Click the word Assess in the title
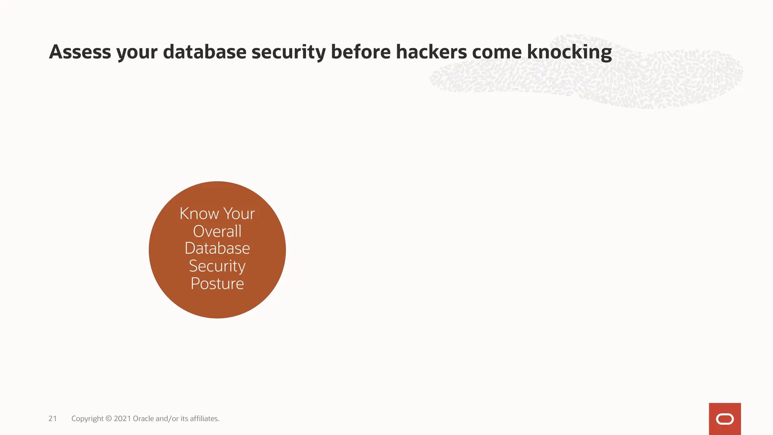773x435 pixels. [80, 52]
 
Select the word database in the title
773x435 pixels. [205, 52]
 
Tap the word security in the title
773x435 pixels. [288, 52]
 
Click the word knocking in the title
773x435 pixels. [569, 52]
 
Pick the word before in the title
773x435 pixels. [360, 52]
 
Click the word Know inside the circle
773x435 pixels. [199, 214]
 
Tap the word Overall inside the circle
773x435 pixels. [217, 231]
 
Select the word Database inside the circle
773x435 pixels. [217, 248]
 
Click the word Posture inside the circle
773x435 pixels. [217, 284]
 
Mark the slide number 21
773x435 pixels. [52, 418]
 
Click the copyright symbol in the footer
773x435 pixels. [109, 418]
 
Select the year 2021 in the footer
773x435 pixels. [122, 418]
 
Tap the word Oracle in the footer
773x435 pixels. [143, 418]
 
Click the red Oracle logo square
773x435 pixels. [725, 419]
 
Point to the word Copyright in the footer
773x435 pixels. [87, 419]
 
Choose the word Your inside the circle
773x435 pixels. [239, 214]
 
